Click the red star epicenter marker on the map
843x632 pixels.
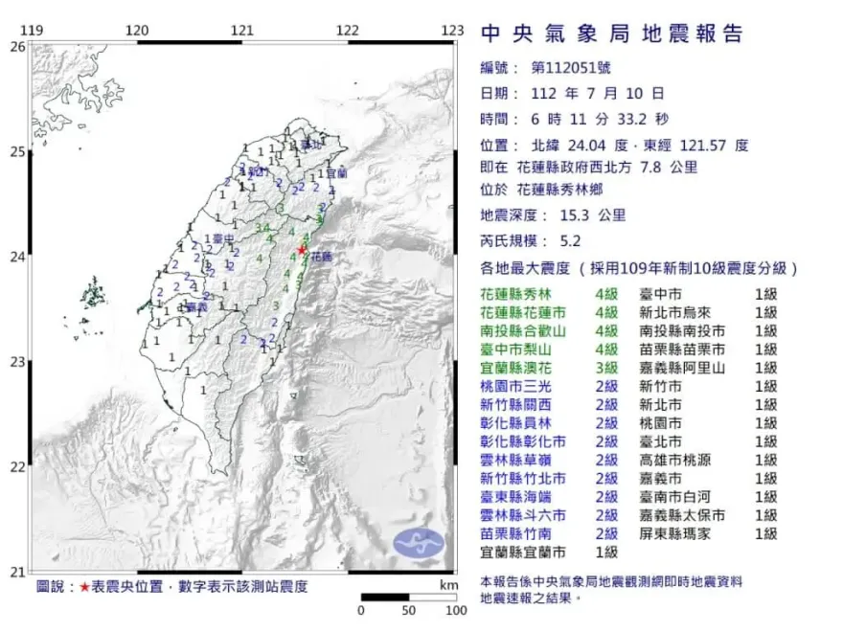pos(303,250)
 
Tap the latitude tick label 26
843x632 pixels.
pos(18,46)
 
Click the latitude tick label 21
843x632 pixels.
pos(18,572)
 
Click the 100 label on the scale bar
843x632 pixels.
pos(456,610)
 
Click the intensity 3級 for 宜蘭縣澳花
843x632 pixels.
pos(606,368)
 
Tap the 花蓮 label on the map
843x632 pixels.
pos(323,258)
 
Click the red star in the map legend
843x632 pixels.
pos(85,586)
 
